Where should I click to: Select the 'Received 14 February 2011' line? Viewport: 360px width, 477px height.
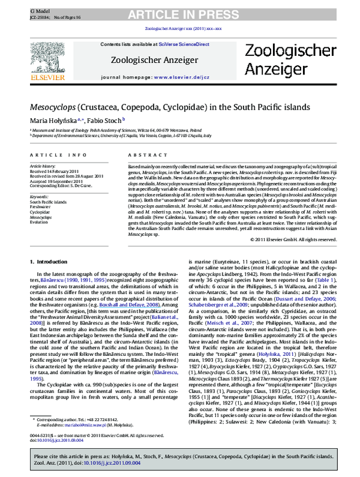pyautogui.click(x=57, y=169)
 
